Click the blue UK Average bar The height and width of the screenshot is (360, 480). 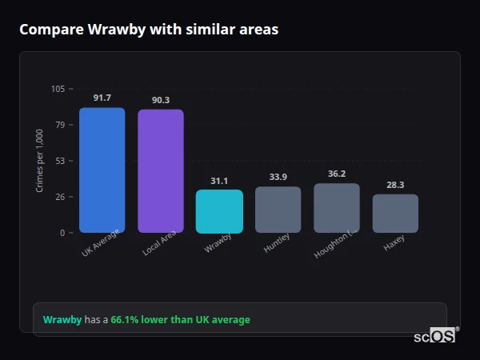coord(102,170)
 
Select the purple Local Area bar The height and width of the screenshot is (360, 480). coord(160,171)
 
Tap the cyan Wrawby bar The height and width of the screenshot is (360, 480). coord(219,211)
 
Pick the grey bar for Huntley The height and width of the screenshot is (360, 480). coord(278,210)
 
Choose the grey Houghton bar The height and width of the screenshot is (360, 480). coord(336,208)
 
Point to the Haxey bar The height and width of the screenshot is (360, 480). coord(395,214)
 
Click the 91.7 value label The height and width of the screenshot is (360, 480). coord(102,98)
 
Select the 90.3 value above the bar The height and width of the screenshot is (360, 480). coord(160,100)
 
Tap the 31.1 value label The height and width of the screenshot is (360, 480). coord(219,181)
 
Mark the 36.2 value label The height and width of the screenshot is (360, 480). coord(336,174)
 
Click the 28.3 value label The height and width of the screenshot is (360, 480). coord(395,185)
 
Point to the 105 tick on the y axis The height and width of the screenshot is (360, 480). coord(58,89)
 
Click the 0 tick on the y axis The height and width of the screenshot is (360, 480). coord(62,233)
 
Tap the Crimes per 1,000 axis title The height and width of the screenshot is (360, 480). coord(40,161)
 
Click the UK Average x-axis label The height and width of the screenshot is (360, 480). coord(101,244)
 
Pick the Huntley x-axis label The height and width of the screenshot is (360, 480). coord(277,242)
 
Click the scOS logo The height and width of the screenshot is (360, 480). coord(435,336)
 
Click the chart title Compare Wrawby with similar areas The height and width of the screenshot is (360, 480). coord(149,30)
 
